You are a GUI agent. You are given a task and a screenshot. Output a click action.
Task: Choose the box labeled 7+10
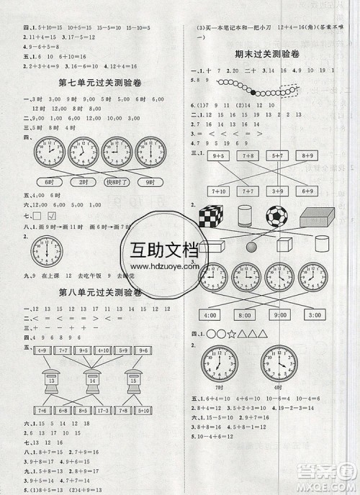[217, 191]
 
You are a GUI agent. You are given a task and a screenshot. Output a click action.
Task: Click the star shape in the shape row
[231, 334]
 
